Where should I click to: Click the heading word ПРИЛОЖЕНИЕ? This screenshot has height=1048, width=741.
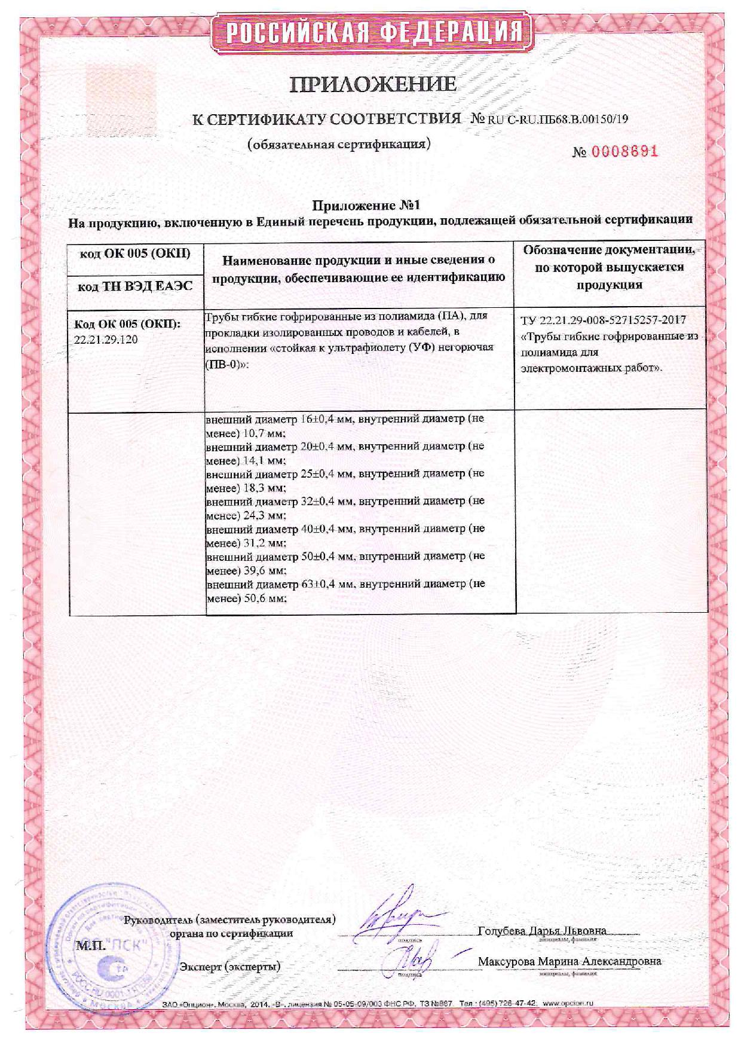(x=373, y=84)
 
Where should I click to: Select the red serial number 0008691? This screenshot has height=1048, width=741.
(x=624, y=151)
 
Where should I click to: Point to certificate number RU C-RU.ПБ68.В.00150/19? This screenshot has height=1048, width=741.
(x=558, y=118)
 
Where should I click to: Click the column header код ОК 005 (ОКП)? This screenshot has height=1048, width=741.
(x=135, y=253)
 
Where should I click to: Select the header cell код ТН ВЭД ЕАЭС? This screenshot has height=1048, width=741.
(x=136, y=286)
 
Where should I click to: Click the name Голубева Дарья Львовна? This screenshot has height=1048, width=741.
(x=542, y=931)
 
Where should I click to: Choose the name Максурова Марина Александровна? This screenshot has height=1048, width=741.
(x=569, y=961)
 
